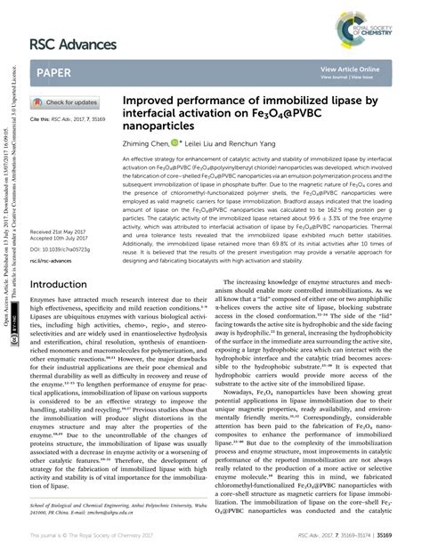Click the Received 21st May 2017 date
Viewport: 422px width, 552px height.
[62, 230]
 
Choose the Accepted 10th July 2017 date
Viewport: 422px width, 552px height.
[62, 237]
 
